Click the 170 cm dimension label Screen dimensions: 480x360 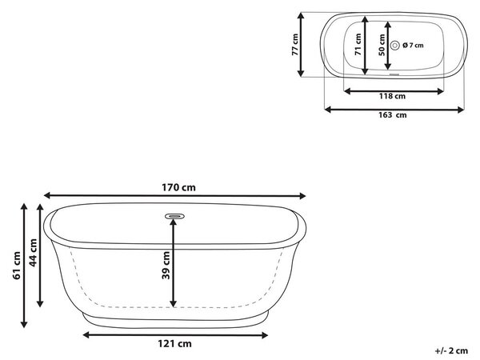[x=178, y=187]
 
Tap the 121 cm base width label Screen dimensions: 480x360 [x=174, y=343]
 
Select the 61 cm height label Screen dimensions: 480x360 [x=17, y=266]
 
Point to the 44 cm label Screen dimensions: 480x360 [x=33, y=253]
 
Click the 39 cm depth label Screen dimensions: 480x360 [x=166, y=266]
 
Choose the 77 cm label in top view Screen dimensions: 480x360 [x=294, y=44]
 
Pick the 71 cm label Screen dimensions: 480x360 [x=358, y=44]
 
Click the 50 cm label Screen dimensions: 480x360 [x=382, y=45]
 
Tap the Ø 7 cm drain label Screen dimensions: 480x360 [x=414, y=46]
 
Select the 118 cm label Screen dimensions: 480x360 [x=392, y=96]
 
